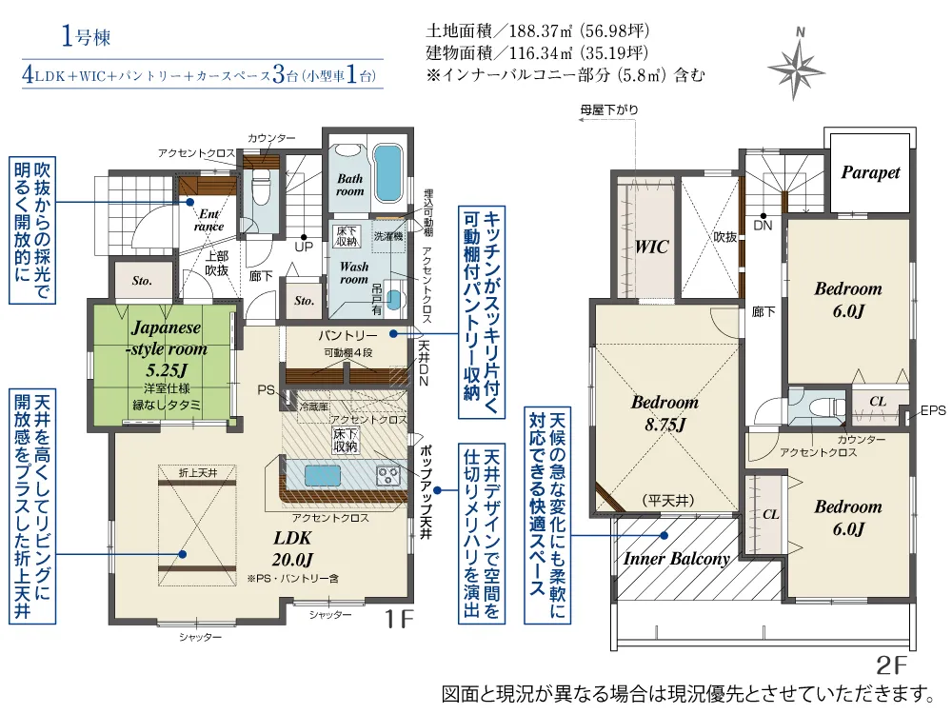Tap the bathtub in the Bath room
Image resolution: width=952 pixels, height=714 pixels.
[388, 173]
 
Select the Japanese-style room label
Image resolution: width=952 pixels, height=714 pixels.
[167, 338]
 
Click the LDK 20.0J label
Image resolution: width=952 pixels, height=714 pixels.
[292, 548]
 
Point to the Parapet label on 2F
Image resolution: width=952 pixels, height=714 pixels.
[870, 172]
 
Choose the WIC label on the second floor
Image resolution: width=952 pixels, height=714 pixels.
[651, 248]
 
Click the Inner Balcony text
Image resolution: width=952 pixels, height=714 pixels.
[676, 559]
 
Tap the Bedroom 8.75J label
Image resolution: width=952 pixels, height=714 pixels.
[664, 413]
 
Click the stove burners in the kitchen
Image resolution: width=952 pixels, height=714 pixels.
[388, 475]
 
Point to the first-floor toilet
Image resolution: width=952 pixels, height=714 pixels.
[261, 186]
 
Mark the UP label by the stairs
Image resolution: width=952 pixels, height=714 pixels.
[304, 247]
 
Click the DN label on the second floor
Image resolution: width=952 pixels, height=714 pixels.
[763, 226]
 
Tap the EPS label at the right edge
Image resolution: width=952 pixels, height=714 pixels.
[933, 411]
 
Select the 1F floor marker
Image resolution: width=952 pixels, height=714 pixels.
[400, 620]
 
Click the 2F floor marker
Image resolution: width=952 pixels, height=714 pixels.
[891, 665]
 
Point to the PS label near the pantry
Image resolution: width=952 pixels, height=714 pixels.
[266, 389]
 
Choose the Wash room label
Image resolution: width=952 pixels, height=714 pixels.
[354, 273]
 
